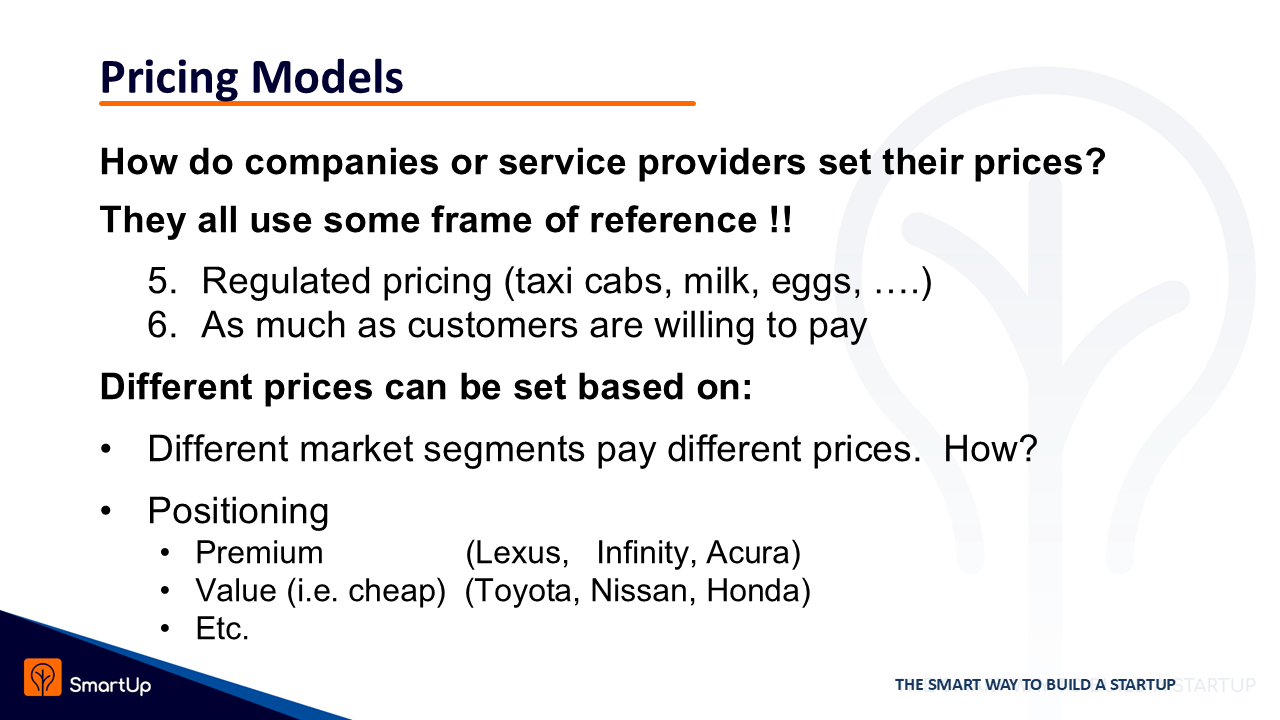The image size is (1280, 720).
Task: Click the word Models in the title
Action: pos(327,77)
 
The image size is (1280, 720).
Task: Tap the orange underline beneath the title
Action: pos(397,103)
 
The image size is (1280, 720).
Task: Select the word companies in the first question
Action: pos(342,163)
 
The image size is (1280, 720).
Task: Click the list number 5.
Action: pos(162,281)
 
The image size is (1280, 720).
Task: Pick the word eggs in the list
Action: pos(815,284)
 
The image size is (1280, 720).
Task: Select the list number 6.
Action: pos(162,325)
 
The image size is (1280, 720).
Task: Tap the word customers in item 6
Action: pos(492,325)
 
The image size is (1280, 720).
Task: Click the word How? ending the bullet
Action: pos(990,449)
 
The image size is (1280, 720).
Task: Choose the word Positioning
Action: pos(238,511)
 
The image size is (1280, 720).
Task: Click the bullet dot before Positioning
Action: pos(106,511)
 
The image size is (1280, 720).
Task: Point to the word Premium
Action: pos(259,553)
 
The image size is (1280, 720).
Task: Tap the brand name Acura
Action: pos(753,553)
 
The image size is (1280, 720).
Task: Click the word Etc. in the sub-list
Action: pos(222,629)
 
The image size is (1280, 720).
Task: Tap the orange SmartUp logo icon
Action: pos(43,678)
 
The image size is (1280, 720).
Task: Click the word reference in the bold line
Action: pos(673,220)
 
